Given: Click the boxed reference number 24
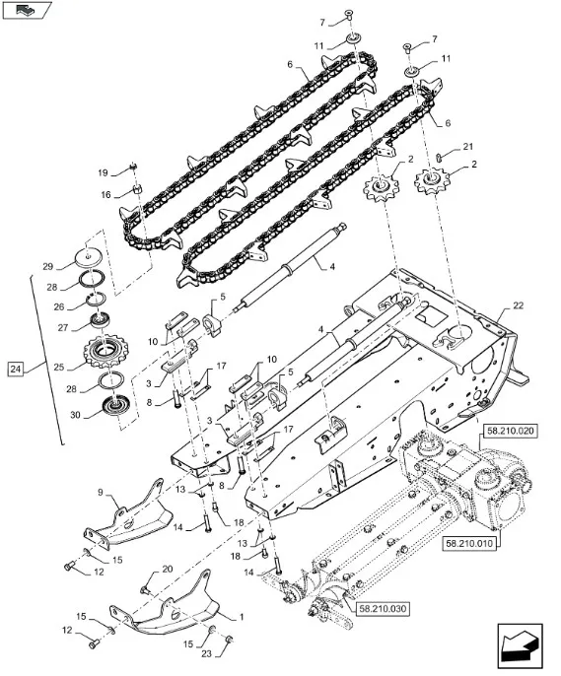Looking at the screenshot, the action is [16, 369].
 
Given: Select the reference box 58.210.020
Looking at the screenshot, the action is [510, 431].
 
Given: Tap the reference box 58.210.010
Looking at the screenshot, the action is [468, 543].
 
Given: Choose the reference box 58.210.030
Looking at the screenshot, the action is [383, 609].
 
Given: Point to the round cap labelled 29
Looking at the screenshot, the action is [89, 258].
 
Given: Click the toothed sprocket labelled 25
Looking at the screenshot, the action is [104, 352].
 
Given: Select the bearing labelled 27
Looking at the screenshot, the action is [100, 321].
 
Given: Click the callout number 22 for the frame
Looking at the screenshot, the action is [518, 305].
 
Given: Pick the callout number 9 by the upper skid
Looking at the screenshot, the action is [101, 492].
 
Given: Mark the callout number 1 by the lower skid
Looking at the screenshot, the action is [241, 617].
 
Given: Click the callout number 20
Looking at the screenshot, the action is [168, 570].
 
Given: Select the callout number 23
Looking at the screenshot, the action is [206, 653].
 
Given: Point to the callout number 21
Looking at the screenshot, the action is [468, 147].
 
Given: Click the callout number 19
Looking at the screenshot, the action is [103, 172].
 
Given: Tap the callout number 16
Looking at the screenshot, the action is [105, 195].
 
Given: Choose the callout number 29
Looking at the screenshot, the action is [48, 266].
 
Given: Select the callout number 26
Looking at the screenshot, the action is [59, 307].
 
